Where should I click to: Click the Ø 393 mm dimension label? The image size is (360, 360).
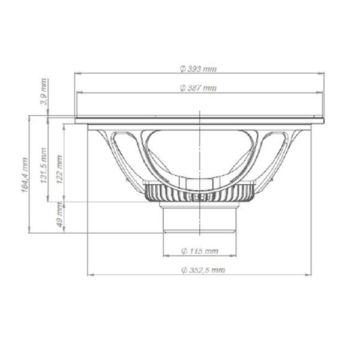coord(198,69)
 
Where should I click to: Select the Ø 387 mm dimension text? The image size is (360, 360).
coord(198,88)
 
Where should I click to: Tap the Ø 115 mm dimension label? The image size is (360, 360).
coord(200,251)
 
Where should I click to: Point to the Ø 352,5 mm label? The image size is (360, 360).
coord(203,270)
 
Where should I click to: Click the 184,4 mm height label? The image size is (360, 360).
coord(25,175)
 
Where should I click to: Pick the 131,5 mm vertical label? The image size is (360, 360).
coord(44,165)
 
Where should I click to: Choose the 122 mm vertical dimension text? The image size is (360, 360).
coord(59,169)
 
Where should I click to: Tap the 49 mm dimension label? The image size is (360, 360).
coord(59,215)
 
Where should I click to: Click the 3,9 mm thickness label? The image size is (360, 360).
coord(44,91)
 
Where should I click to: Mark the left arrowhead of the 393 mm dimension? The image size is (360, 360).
coord(78,73)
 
